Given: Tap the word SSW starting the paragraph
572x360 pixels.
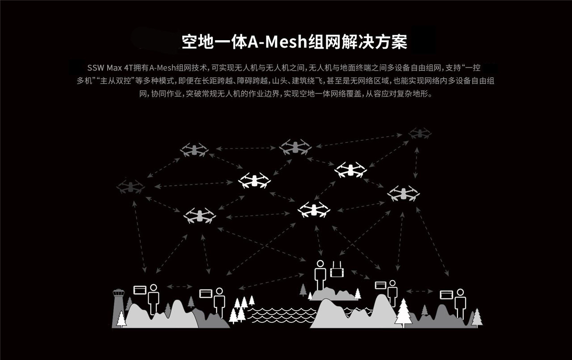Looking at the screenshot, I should click(96, 68).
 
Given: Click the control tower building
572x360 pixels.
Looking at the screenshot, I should click(118, 304).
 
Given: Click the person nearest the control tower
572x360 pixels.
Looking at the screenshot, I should click(153, 298).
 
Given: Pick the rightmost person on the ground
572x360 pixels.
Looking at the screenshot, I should click(460, 303).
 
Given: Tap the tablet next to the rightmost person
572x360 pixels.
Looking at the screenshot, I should click(446, 295).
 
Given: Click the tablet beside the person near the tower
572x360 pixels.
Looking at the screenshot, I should click(140, 289).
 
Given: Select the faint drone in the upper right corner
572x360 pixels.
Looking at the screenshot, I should click(420, 133).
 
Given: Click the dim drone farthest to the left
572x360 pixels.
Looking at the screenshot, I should click(130, 187).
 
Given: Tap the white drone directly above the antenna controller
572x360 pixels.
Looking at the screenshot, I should click(314, 209).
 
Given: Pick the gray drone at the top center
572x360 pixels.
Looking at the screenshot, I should click(295, 147).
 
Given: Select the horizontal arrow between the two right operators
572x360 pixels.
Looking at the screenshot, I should click(419, 291).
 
